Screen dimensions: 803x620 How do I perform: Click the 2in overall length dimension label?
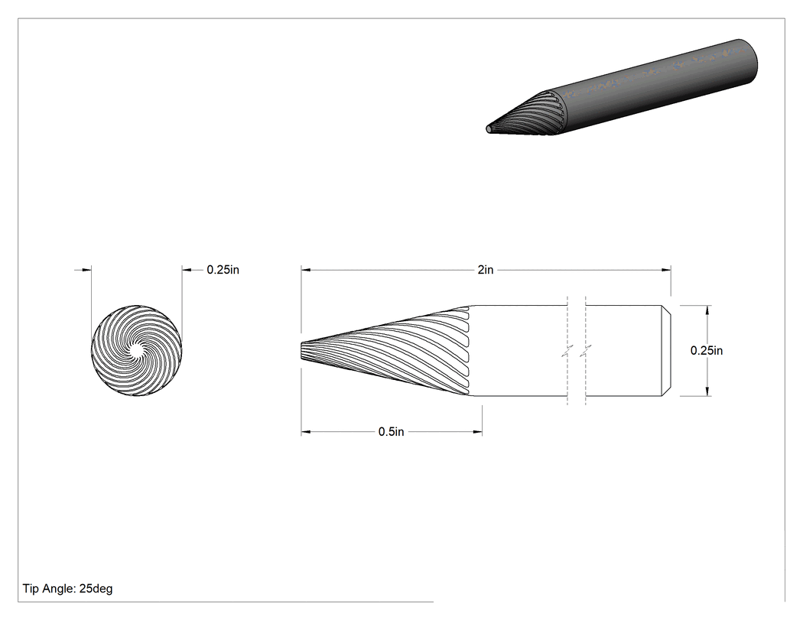486,270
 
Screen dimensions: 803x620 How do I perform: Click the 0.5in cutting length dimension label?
392,432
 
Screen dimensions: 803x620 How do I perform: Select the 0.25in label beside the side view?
706,350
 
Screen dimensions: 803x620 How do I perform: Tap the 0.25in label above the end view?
223,270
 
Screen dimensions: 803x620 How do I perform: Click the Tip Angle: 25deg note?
67,588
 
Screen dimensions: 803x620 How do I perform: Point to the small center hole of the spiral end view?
136,351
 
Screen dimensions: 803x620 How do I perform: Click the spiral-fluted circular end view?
136,351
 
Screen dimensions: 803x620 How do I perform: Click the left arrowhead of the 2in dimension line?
306,270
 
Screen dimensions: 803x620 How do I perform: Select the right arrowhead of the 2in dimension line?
666,270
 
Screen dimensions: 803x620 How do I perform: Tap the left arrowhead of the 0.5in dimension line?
306,432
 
